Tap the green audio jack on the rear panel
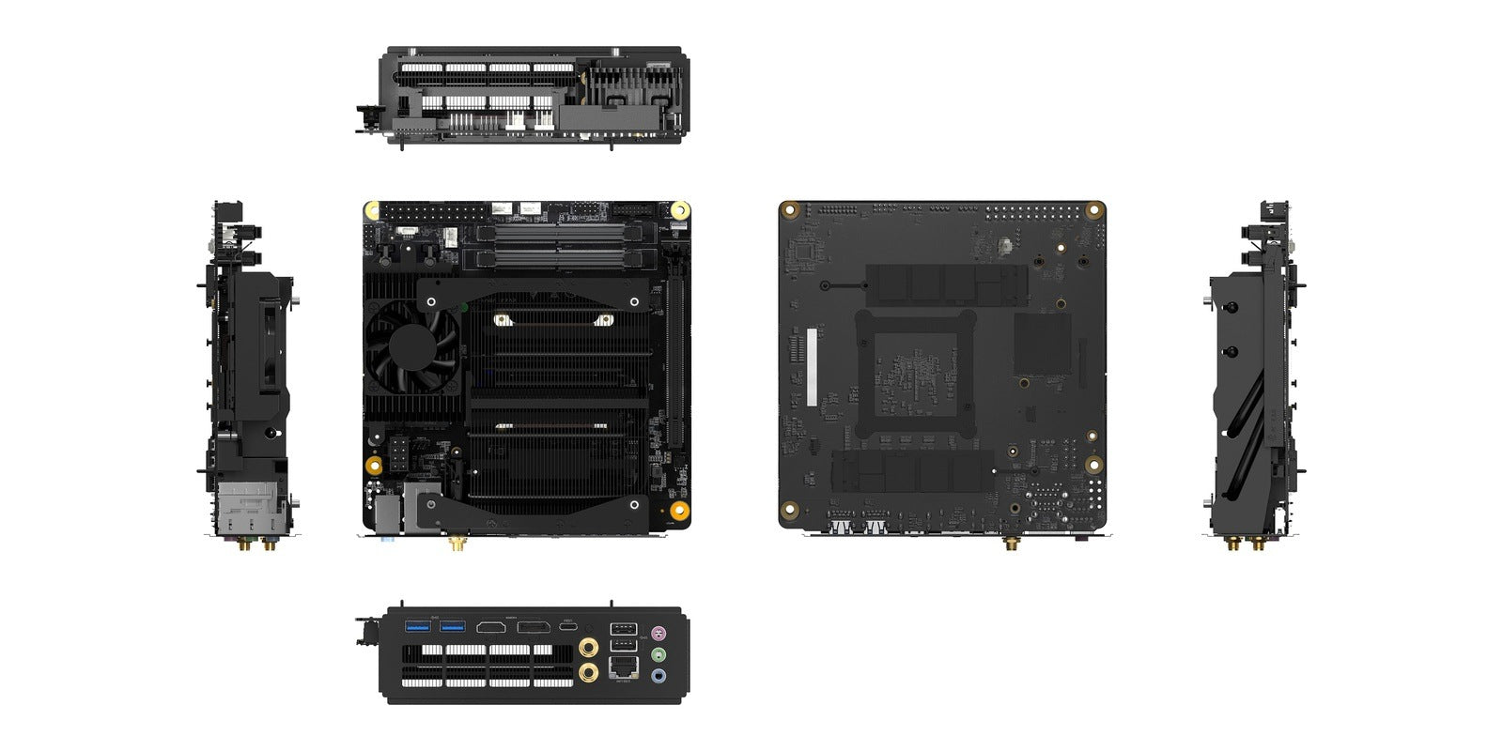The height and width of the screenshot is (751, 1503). [659, 653]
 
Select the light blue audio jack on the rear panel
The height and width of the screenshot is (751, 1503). [659, 675]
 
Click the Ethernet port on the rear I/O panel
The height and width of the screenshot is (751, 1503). [624, 667]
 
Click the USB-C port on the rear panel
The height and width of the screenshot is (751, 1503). [569, 626]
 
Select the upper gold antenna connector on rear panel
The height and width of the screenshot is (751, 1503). [589, 646]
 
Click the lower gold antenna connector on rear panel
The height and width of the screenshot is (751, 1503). [589, 671]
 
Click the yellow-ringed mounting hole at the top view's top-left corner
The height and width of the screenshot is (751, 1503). [372, 209]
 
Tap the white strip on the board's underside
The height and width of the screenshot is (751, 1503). [812, 366]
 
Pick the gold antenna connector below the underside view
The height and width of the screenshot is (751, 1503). [1012, 542]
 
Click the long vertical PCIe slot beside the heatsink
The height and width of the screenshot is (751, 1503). [672, 361]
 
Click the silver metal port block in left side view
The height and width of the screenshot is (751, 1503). [248, 509]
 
